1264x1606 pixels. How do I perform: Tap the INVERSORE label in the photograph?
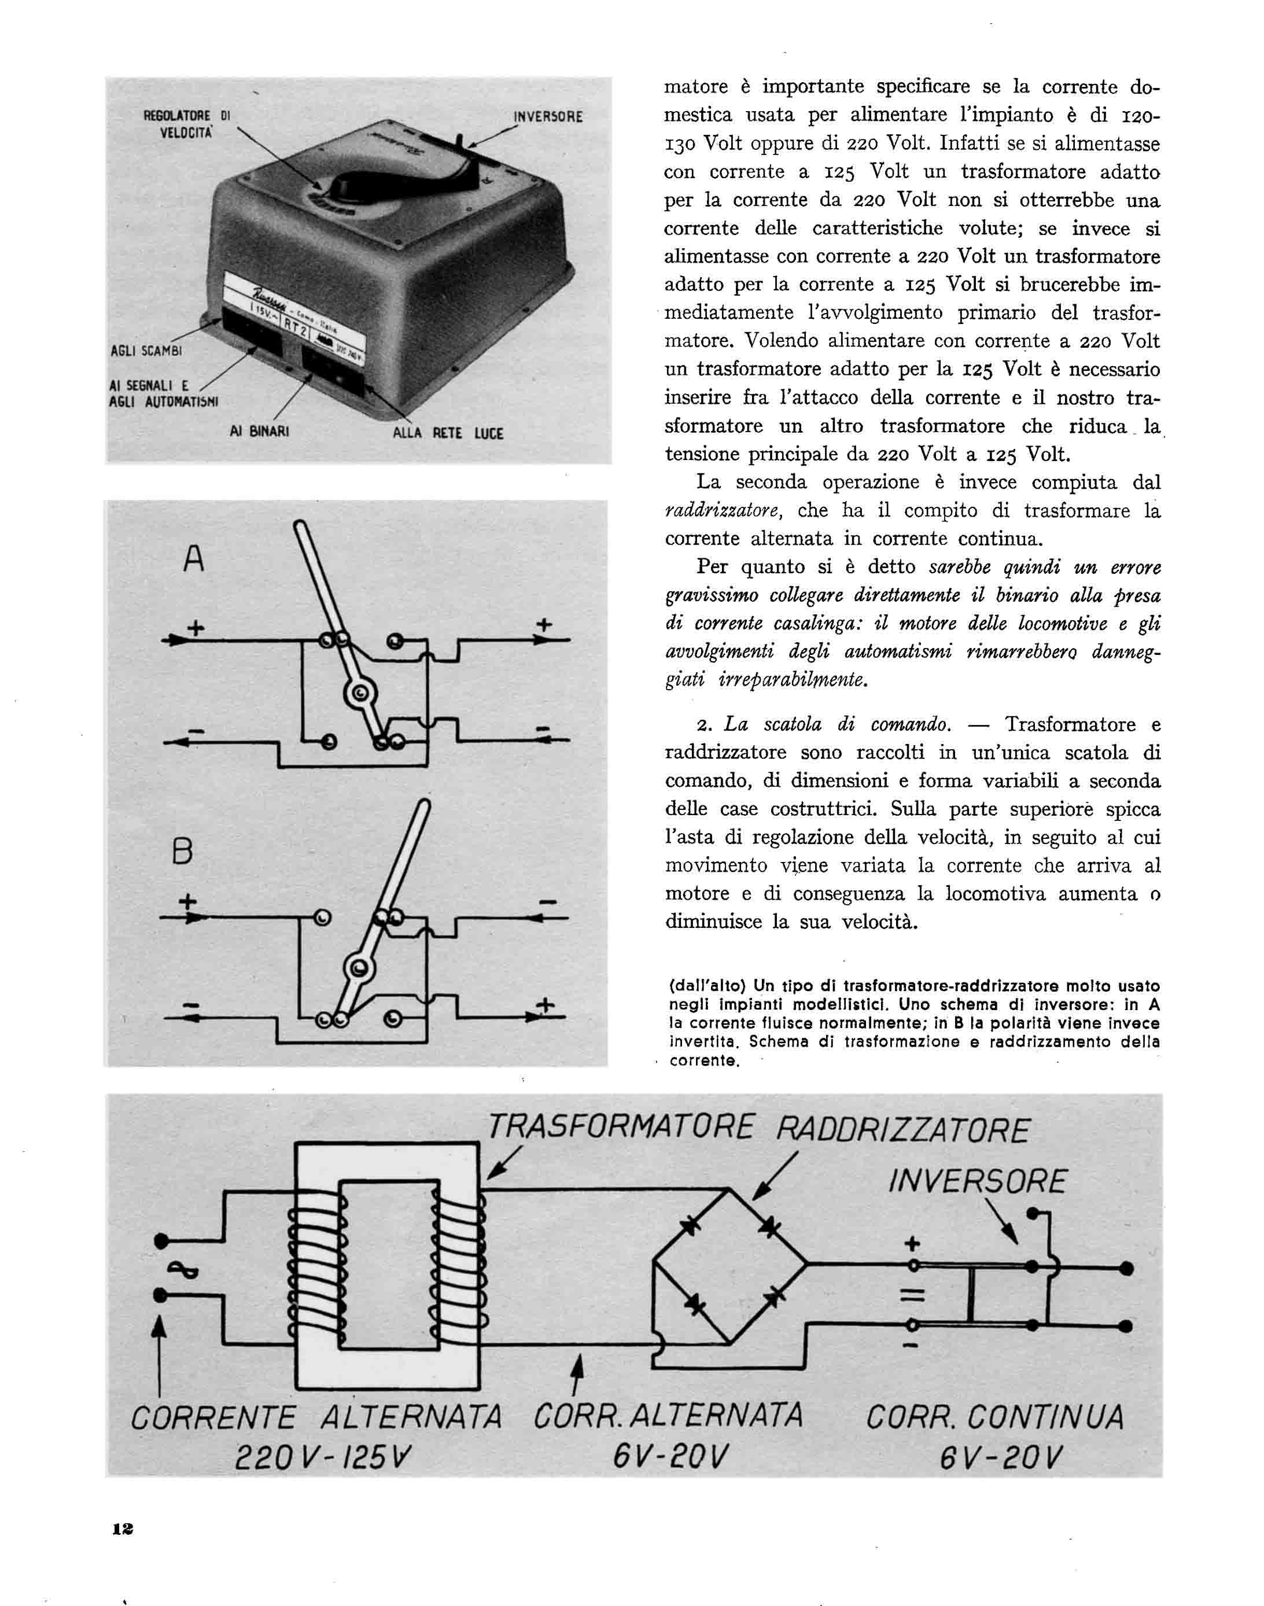(x=548, y=116)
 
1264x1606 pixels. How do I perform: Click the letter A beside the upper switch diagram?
(x=193, y=559)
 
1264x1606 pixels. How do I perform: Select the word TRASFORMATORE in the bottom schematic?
(x=620, y=1129)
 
